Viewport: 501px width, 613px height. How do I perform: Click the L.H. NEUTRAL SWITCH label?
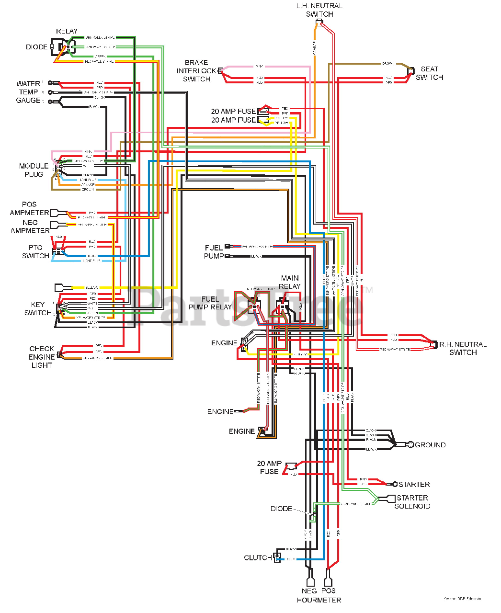(x=319, y=10)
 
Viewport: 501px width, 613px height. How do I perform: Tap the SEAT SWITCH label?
(x=429, y=73)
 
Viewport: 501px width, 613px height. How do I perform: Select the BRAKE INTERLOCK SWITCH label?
(x=196, y=71)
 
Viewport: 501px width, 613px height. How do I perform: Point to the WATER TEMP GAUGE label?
(x=28, y=92)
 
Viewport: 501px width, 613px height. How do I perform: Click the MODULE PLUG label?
(x=34, y=170)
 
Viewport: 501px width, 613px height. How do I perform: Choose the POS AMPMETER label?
(x=29, y=208)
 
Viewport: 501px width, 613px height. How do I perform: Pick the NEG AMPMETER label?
(x=30, y=227)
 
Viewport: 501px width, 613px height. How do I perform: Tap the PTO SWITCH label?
(x=35, y=252)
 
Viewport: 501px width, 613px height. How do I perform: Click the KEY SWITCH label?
(x=38, y=308)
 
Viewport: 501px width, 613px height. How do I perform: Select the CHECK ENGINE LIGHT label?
(x=42, y=357)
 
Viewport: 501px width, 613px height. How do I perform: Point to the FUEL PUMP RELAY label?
(x=210, y=303)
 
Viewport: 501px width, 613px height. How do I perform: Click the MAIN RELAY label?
(x=290, y=282)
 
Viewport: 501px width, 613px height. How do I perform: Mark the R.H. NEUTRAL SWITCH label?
(x=463, y=348)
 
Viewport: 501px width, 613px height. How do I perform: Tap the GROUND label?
(x=430, y=445)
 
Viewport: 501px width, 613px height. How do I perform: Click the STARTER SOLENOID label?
(x=412, y=502)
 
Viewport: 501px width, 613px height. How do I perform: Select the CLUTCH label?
(x=258, y=557)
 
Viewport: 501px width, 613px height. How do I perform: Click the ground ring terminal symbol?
(x=410, y=445)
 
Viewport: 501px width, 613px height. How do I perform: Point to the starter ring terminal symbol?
(x=395, y=484)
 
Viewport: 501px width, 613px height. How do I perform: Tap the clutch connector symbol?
(x=277, y=557)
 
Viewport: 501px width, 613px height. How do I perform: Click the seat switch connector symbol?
(x=411, y=71)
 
